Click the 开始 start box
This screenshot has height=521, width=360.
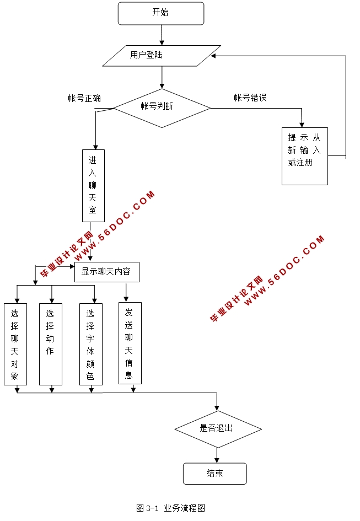160,13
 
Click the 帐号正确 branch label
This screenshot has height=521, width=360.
84,99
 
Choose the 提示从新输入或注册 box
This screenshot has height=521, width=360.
304,156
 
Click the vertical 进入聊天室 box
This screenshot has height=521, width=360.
93,185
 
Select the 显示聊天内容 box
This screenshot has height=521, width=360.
106,272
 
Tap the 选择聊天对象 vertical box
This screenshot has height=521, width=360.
15,343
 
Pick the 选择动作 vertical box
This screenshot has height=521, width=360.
50,343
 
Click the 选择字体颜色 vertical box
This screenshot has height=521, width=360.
90,343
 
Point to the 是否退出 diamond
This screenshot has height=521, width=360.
217,428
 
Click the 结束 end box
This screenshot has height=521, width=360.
214,473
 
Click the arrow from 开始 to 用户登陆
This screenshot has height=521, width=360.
162,35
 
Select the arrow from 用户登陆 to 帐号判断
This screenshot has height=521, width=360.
162,77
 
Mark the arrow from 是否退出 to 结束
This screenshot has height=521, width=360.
217,455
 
